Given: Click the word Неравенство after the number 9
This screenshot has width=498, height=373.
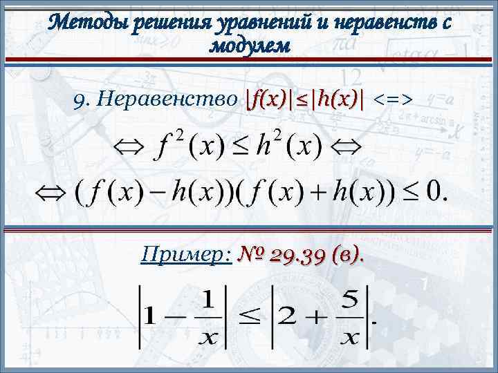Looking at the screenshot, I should pyautogui.click(x=166, y=101).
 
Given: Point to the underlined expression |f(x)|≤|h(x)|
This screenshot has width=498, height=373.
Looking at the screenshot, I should pyautogui.click(x=304, y=101).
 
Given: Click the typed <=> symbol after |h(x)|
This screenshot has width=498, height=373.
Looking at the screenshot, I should pyautogui.click(x=394, y=101).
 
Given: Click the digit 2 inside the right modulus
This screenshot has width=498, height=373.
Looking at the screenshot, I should pyautogui.click(x=293, y=317).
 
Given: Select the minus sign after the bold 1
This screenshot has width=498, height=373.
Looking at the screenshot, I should pyautogui.click(x=176, y=317).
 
